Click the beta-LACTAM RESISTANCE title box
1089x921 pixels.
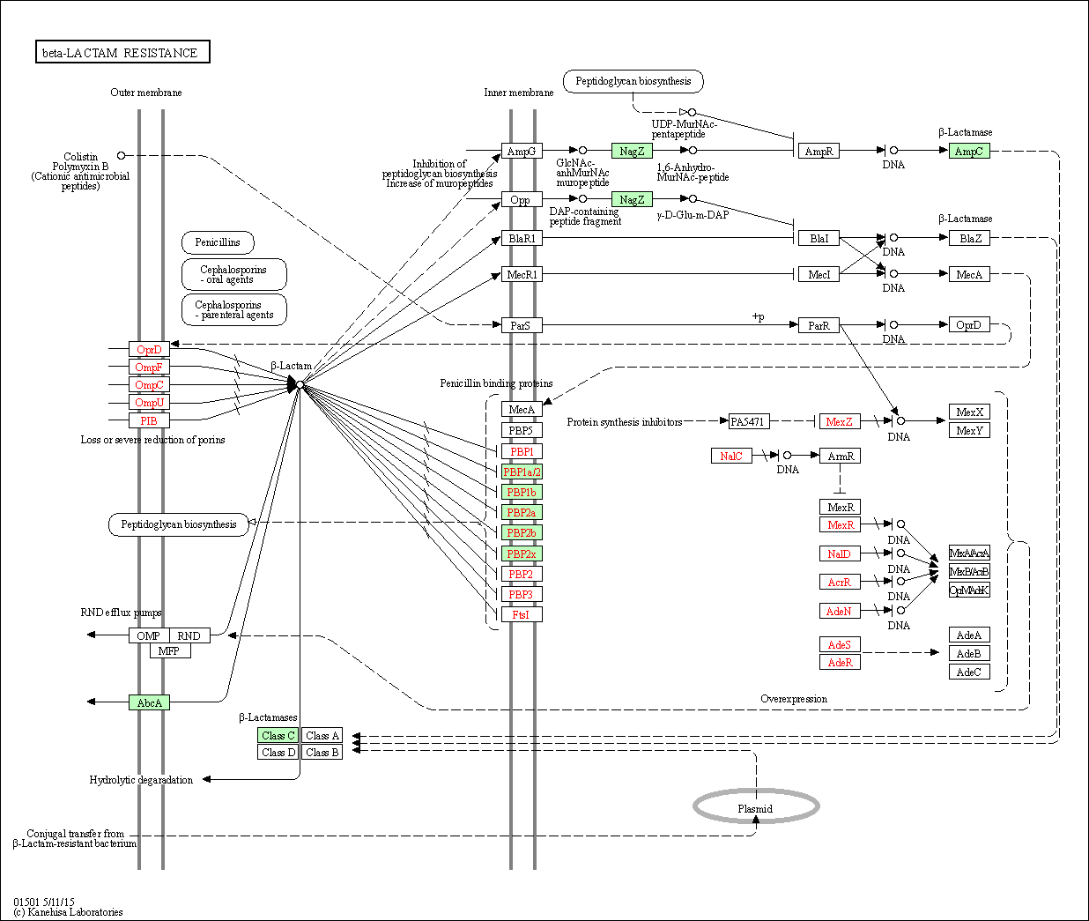[x=122, y=53]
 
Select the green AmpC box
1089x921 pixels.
[x=968, y=151]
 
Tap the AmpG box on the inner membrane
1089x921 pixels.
[x=521, y=151]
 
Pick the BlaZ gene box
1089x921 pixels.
[x=969, y=238]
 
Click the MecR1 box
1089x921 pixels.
[x=522, y=274]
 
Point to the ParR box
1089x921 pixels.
[x=819, y=325]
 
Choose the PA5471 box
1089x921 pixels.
[x=748, y=421]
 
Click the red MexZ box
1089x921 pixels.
[x=839, y=421]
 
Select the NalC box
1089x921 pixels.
[x=731, y=456]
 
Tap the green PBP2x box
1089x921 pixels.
[x=522, y=553]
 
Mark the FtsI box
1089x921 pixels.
[x=522, y=614]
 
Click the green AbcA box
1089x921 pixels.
[x=149, y=702]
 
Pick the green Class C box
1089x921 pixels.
[x=278, y=735]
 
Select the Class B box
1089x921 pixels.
[x=322, y=753]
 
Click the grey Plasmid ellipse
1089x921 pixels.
[x=756, y=806]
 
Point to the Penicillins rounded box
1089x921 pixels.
[x=218, y=242]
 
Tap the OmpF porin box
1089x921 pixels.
[x=149, y=367]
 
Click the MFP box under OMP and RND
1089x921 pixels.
[x=169, y=650]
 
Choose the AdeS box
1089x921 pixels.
[x=839, y=644]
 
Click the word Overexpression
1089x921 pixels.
[x=794, y=699]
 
